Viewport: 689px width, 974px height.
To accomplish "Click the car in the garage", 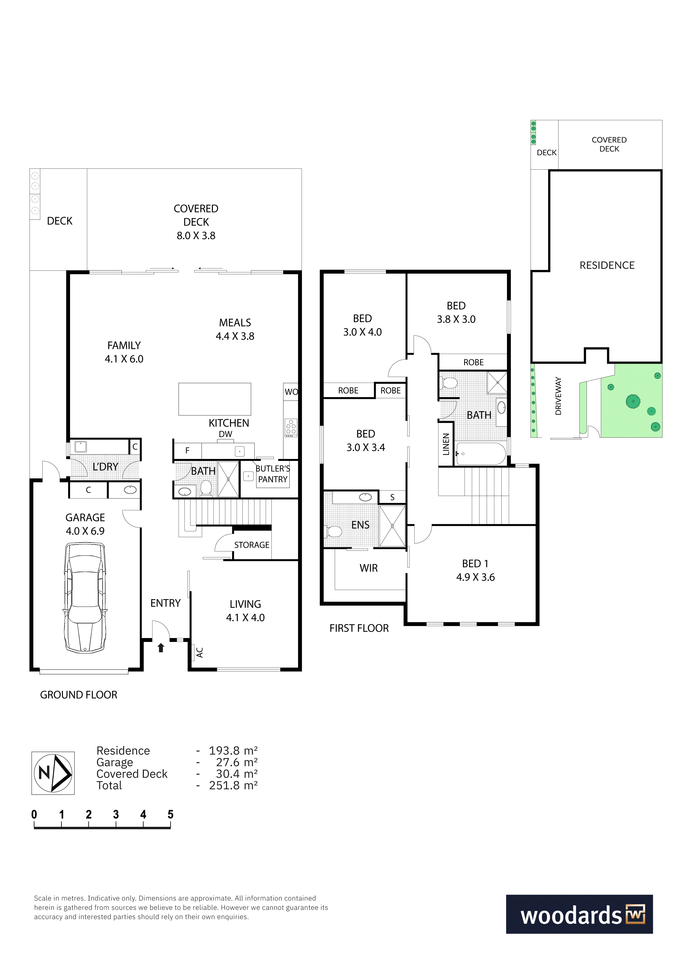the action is point(85,598).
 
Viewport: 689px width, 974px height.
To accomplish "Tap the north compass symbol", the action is point(53,773).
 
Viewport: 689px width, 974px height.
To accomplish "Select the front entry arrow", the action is point(161,648).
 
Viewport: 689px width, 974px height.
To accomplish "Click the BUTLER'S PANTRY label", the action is point(273,474).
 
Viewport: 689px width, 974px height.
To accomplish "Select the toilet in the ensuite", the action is point(334,531).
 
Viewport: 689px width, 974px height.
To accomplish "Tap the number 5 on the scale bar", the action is point(171,814).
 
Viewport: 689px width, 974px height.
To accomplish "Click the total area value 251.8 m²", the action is point(233,785).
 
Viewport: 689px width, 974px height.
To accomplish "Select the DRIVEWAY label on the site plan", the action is point(558,396).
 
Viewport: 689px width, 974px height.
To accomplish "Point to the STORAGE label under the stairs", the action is point(252,545).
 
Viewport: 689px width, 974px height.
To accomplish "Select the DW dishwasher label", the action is point(225,434).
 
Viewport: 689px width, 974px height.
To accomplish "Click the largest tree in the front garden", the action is point(633,401).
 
